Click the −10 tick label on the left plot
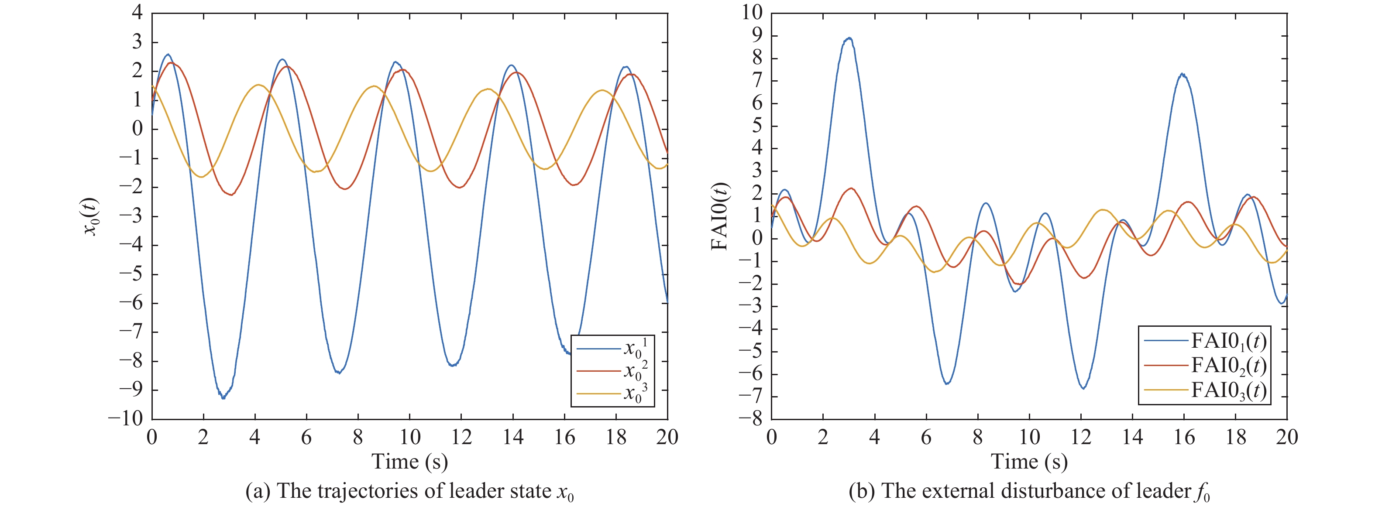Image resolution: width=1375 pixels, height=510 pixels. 126,419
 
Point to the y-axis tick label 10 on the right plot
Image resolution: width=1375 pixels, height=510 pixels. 752,12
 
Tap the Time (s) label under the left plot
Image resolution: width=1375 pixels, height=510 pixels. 409,462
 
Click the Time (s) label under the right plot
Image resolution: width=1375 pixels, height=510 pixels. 1029,462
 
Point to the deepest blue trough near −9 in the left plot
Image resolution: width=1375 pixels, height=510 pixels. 223,398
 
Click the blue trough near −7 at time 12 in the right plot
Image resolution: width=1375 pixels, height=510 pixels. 1083,388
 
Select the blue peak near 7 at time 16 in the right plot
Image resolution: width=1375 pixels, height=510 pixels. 1183,75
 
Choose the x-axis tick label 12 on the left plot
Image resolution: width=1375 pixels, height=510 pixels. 461,438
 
